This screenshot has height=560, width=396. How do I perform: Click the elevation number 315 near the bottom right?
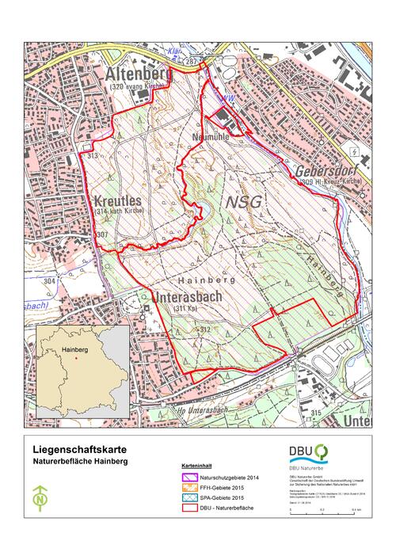[316, 413]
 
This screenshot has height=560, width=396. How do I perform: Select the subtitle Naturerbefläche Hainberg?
[78, 460]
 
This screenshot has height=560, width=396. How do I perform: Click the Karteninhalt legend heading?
[195, 467]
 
